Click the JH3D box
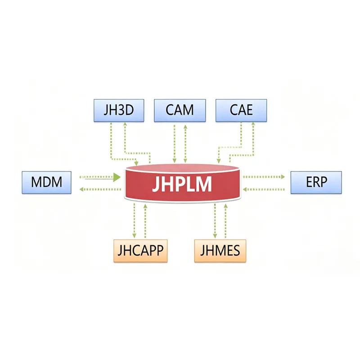[119, 110]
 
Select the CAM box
[180, 110]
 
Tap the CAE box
[241, 110]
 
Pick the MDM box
[46, 182]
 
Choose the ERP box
[316, 182]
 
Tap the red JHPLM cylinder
[182, 184]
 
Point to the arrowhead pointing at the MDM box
[82, 189]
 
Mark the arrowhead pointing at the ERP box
[282, 177]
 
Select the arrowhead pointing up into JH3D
[125, 126]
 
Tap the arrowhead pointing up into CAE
[253, 126]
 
